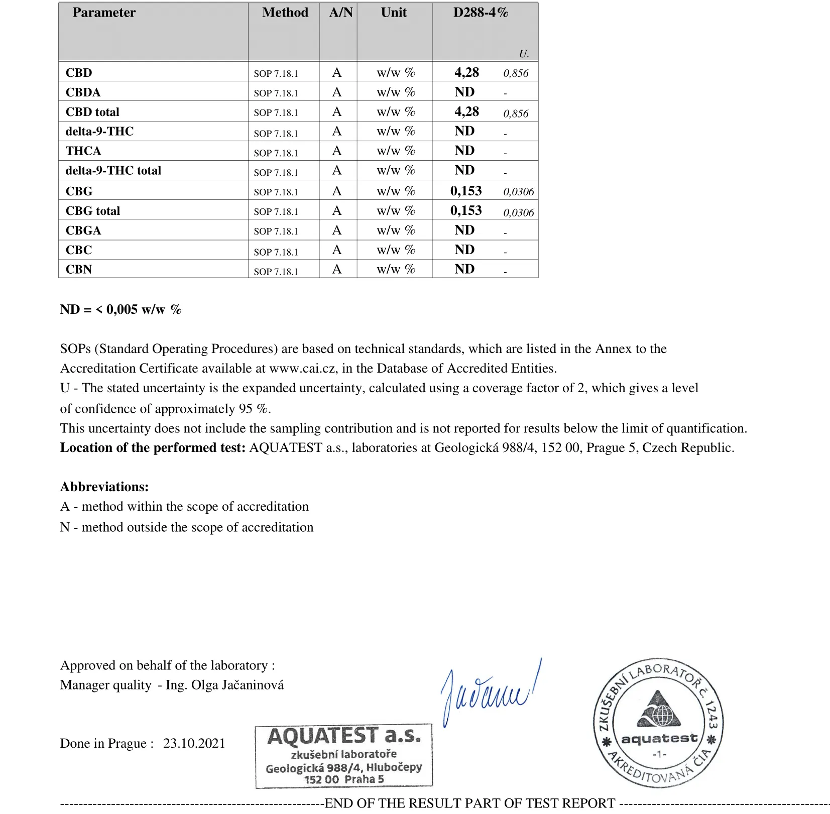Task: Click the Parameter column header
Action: click(104, 13)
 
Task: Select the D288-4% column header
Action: click(481, 13)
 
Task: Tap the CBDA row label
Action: click(83, 92)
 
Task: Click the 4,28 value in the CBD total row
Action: click(466, 111)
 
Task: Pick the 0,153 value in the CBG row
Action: click(466, 191)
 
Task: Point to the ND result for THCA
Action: click(464, 151)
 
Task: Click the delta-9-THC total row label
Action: click(113, 171)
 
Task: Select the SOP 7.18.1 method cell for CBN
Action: click(276, 272)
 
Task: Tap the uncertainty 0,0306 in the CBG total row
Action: click(519, 212)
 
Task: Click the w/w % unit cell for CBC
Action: click(396, 250)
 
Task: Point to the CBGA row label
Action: click(83, 230)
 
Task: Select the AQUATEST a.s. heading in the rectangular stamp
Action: click(343, 737)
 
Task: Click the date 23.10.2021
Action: click(194, 743)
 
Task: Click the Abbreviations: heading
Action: click(104, 487)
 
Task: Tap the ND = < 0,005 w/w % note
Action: click(121, 309)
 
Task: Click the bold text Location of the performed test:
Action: click(153, 448)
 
